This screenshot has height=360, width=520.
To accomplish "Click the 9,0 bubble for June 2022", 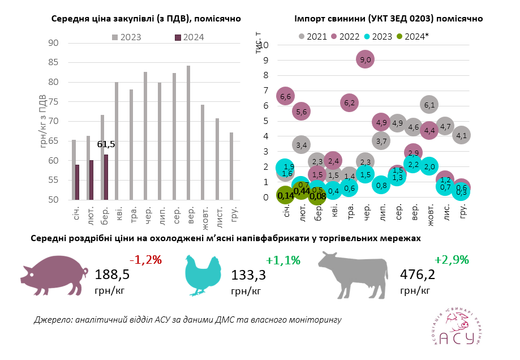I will click(365, 59).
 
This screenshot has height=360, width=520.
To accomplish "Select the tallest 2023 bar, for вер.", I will click(188, 132).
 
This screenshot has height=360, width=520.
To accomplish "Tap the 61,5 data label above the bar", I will click(105, 144).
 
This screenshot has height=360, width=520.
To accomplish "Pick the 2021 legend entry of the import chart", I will click(313, 36).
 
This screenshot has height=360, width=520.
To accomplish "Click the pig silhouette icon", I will click(54, 275).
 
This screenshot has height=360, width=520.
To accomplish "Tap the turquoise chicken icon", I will click(202, 276).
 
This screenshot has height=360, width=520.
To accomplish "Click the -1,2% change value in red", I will click(146, 260).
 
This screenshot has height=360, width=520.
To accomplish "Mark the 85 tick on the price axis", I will click(53, 62).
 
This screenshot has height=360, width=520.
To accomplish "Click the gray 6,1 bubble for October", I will click(429, 104).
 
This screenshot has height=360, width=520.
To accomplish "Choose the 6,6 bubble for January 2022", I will click(286, 97).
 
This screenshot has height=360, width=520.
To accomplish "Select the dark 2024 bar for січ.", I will click(77, 182).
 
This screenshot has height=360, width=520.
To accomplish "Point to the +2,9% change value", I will click(451, 260).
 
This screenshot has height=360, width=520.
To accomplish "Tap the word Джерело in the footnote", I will click(53, 320).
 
